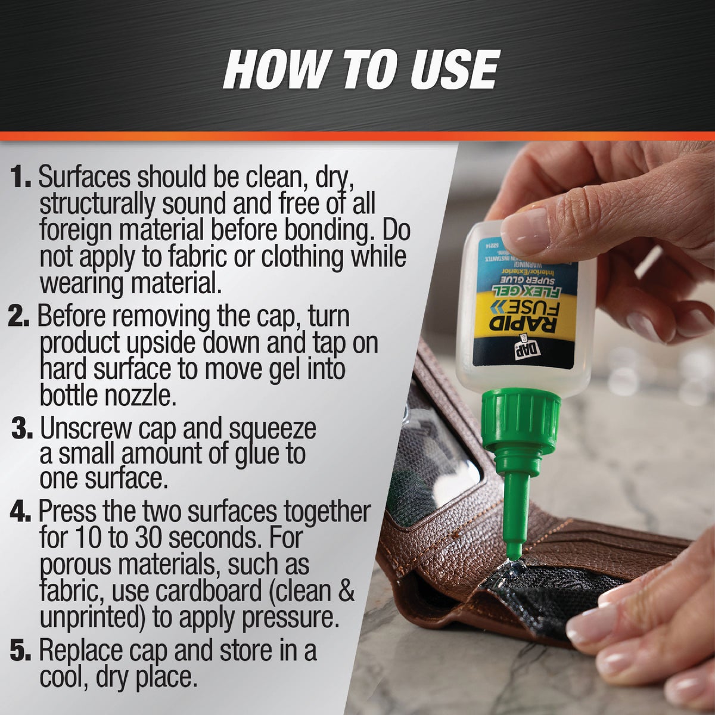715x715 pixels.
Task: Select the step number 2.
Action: (x=20, y=317)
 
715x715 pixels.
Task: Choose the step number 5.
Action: (x=21, y=651)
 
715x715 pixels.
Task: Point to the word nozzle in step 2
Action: (x=143, y=395)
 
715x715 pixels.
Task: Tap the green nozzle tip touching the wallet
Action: (x=514, y=536)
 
